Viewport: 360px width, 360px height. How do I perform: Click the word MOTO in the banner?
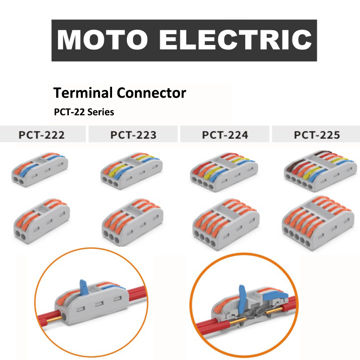click(x=103, y=40)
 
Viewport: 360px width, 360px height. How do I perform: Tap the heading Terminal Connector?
click(x=119, y=93)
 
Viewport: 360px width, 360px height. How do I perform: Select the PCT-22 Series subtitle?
click(x=84, y=112)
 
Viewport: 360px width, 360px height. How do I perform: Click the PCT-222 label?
click(x=41, y=135)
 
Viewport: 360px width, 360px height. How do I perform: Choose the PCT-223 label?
click(x=133, y=135)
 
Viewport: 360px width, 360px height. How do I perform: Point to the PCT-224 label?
click(x=225, y=135)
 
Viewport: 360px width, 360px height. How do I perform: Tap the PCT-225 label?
click(x=317, y=135)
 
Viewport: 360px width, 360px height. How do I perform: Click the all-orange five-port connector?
click(x=316, y=220)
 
